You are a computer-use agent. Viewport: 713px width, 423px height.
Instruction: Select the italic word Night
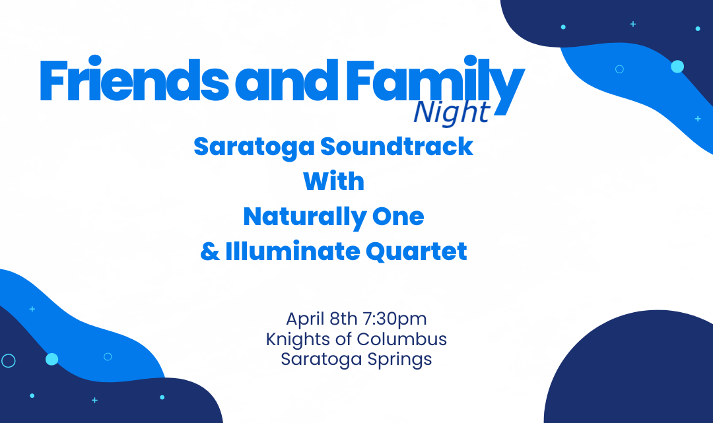click(452, 112)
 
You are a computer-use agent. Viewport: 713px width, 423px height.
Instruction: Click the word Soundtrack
click(397, 146)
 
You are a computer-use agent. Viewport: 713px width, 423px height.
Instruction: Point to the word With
click(334, 181)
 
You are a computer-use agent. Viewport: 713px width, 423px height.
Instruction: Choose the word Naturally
click(304, 216)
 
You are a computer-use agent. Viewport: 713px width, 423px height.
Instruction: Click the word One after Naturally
click(398, 216)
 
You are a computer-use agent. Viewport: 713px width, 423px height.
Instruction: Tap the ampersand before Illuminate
click(210, 251)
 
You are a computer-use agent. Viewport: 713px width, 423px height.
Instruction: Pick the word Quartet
click(417, 251)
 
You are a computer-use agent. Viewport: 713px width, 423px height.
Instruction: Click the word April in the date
click(304, 319)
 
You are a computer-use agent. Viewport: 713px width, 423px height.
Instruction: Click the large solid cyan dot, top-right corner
click(677, 67)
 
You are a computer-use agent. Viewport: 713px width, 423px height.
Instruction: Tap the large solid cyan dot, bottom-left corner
click(52, 359)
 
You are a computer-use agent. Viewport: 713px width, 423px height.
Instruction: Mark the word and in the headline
click(286, 79)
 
